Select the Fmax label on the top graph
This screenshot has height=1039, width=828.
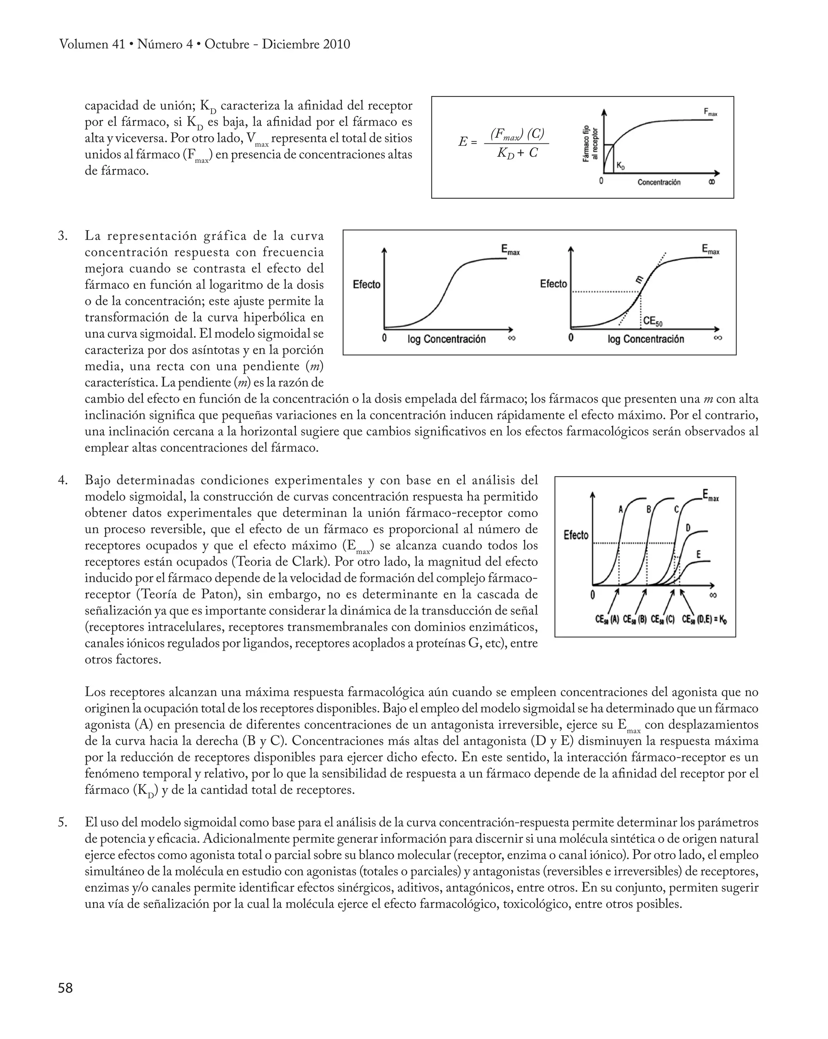click(710, 112)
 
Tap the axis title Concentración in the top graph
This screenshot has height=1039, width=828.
click(659, 182)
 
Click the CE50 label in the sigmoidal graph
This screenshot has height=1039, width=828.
click(653, 322)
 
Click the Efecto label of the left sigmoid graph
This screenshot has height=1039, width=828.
click(367, 284)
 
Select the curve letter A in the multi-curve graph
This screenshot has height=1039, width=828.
click(621, 509)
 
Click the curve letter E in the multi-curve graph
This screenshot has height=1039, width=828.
click(698, 555)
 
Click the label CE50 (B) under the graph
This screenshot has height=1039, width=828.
click(635, 620)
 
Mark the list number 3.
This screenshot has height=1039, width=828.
click(62, 236)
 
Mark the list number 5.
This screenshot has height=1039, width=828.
click(62, 822)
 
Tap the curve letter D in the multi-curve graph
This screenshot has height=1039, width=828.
click(688, 528)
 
